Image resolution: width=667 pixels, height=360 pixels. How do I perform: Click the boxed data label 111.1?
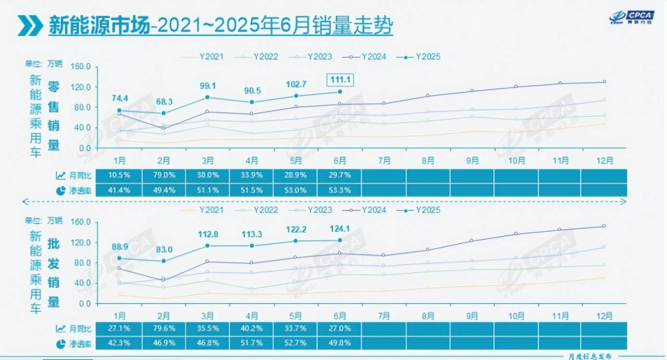click(340, 80)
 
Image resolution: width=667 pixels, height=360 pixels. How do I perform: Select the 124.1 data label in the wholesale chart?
click(340, 228)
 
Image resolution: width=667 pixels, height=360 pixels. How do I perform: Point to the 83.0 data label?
click(163, 249)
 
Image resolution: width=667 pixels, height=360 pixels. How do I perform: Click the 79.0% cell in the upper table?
click(163, 176)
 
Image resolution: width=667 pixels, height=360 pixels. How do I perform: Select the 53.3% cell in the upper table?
click(340, 190)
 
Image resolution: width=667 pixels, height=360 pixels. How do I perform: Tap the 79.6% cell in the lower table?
click(163, 329)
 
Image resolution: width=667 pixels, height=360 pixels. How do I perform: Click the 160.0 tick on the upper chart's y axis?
click(81, 66)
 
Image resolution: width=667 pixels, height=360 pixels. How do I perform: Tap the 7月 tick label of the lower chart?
click(384, 316)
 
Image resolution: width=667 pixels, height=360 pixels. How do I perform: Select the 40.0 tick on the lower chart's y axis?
click(81, 283)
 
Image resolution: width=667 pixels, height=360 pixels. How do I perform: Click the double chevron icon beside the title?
click(30, 25)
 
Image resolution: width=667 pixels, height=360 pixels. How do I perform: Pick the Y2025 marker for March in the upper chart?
click(207, 97)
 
